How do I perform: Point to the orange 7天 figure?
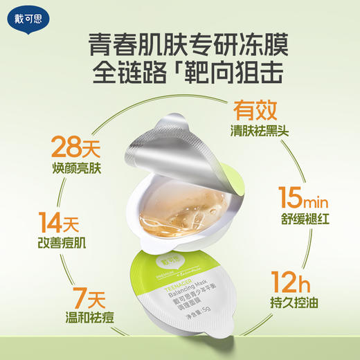53,303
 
